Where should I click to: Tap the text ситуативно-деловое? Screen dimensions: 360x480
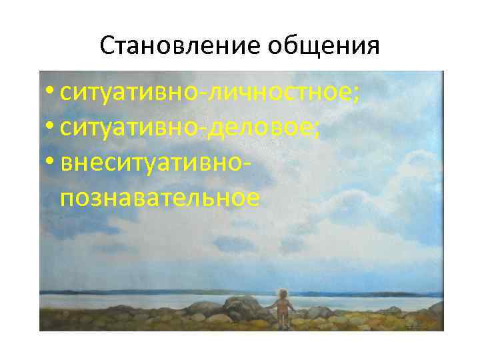tap(190, 128)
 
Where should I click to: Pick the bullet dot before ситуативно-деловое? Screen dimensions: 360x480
tap(51, 128)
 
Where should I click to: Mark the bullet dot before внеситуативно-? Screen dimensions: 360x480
tap(51, 163)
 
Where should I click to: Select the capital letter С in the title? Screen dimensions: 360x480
tap(107, 46)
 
